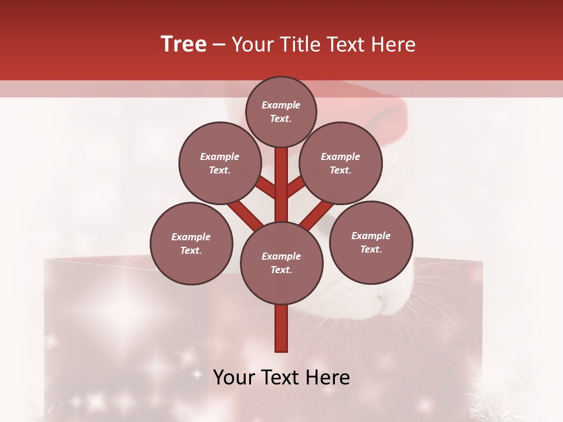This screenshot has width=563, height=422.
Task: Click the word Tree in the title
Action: pos(184,45)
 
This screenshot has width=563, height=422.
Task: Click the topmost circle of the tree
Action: pos(281,111)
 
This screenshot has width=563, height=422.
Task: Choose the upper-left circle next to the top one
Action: pos(219,163)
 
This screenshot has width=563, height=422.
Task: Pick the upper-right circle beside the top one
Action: pos(341,163)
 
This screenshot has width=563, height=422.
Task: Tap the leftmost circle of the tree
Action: pos(191,243)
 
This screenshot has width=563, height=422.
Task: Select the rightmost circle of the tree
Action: pos(371,242)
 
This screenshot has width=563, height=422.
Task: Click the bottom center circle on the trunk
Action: pos(281,263)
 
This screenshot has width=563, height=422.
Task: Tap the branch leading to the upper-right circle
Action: pos(296,187)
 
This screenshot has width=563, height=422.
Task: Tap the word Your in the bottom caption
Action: pos(233,377)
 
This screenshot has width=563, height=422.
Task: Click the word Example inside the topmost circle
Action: pos(281,105)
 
